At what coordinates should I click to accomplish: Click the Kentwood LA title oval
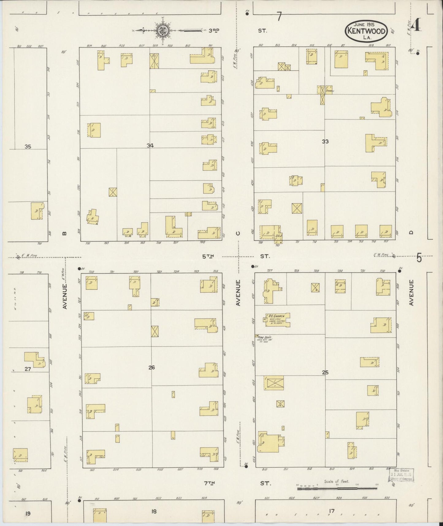367,31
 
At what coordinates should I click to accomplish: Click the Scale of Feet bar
337,488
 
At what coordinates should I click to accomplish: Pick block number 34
150,145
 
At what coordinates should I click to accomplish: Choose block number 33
325,141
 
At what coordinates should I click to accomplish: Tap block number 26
151,367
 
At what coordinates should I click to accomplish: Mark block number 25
325,373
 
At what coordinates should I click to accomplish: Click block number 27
28,369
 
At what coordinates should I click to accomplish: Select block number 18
154,511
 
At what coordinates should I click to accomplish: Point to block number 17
331,511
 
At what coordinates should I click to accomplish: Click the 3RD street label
214,30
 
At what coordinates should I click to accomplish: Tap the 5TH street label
208,256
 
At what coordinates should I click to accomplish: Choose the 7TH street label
209,483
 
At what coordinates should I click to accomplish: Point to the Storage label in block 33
330,91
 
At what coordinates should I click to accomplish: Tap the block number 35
28,147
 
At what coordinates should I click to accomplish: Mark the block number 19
28,513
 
